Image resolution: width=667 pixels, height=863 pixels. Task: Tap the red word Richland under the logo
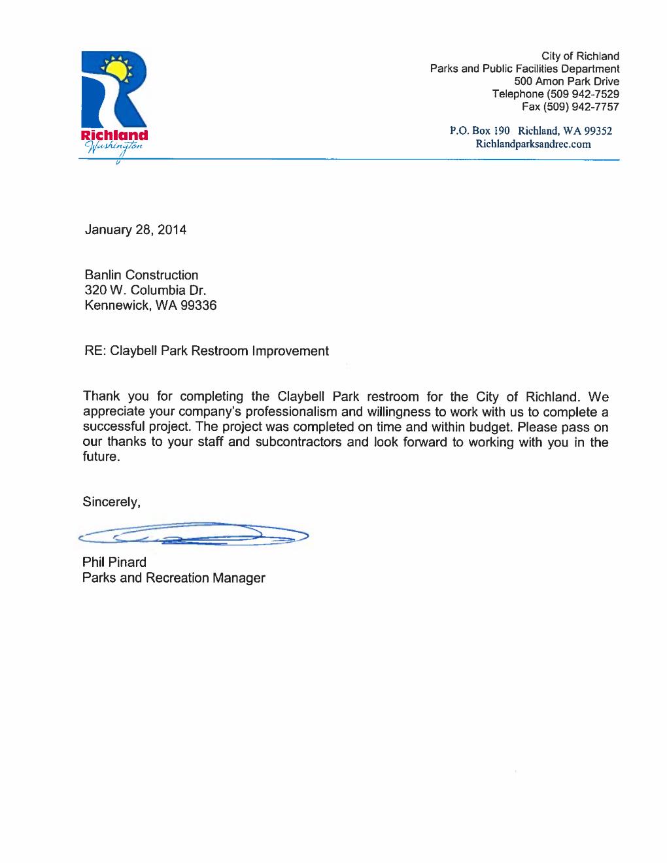pyautogui.click(x=114, y=135)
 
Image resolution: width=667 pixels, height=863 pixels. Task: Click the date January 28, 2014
pyautogui.click(x=135, y=229)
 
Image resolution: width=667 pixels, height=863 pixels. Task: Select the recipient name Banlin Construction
pyautogui.click(x=141, y=275)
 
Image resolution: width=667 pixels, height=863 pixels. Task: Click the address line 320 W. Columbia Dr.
pyautogui.click(x=145, y=290)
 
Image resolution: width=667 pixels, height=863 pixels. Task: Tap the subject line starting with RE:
pyautogui.click(x=207, y=351)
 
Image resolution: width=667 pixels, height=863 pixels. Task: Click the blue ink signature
pyautogui.click(x=193, y=534)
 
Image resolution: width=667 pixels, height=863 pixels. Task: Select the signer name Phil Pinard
pyautogui.click(x=114, y=562)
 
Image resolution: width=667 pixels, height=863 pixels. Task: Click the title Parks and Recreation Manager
pyautogui.click(x=174, y=578)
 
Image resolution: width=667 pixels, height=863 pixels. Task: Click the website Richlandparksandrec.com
pyautogui.click(x=533, y=144)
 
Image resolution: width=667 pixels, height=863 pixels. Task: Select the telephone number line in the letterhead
pyautogui.click(x=556, y=94)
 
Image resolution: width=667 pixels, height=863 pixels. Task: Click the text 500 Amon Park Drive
pyautogui.click(x=566, y=82)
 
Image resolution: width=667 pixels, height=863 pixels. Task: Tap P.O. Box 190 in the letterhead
pyautogui.click(x=479, y=131)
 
